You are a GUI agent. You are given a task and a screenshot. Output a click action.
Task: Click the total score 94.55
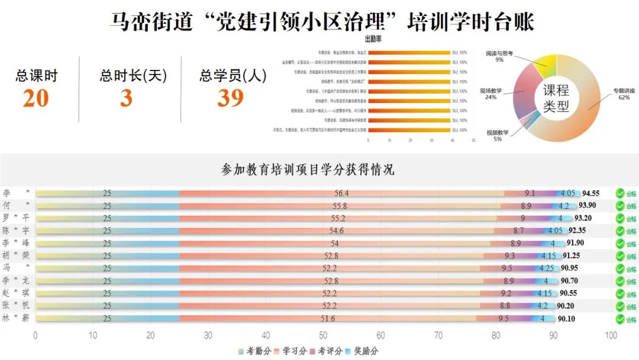[x=590, y=193]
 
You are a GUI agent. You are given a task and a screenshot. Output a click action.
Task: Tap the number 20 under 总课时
[x=35, y=98]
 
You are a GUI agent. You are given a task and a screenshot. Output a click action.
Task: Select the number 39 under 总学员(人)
[x=230, y=98]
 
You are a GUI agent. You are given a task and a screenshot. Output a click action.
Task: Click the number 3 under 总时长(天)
[x=126, y=98]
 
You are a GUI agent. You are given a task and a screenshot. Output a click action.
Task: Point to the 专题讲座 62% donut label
[x=617, y=94]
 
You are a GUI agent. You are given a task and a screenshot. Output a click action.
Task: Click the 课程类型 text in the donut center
[x=556, y=98]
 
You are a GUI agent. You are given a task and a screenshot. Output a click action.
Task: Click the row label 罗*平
[x=15, y=218]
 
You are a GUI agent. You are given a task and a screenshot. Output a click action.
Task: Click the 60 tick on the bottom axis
[x=380, y=336]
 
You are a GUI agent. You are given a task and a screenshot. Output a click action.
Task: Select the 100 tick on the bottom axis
[x=611, y=336]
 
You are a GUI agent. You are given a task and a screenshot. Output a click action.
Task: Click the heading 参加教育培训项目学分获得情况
[x=307, y=170]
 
